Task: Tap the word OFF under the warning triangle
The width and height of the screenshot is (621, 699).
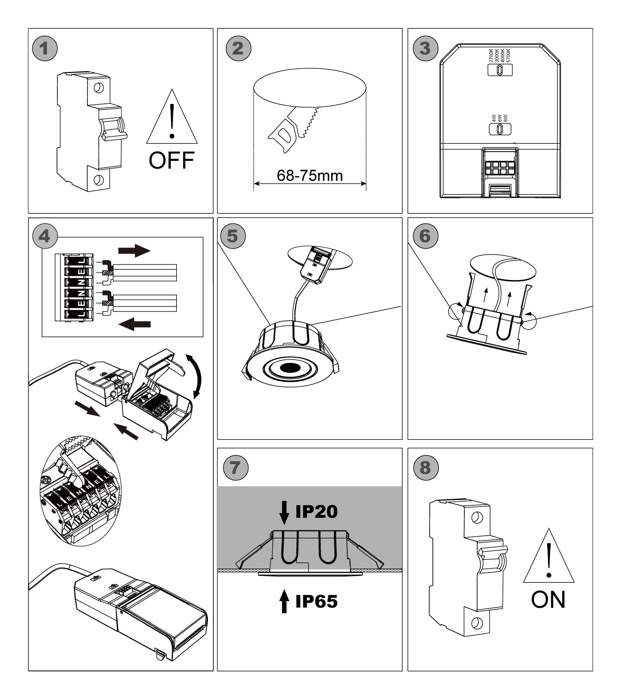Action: click(171, 161)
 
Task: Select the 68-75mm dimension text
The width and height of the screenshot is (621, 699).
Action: click(310, 176)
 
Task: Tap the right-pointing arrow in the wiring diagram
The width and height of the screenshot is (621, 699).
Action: click(135, 250)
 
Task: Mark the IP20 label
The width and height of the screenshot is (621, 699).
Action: click(316, 512)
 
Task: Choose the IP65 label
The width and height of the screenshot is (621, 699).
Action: click(316, 601)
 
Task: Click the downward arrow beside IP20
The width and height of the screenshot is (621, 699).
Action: click(284, 512)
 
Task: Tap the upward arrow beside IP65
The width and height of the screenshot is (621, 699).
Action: click(284, 602)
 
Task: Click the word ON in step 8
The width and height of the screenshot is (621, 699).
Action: click(548, 600)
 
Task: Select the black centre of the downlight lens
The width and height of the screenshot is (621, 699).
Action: click(288, 368)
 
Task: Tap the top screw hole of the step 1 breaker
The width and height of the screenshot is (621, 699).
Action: click(98, 88)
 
